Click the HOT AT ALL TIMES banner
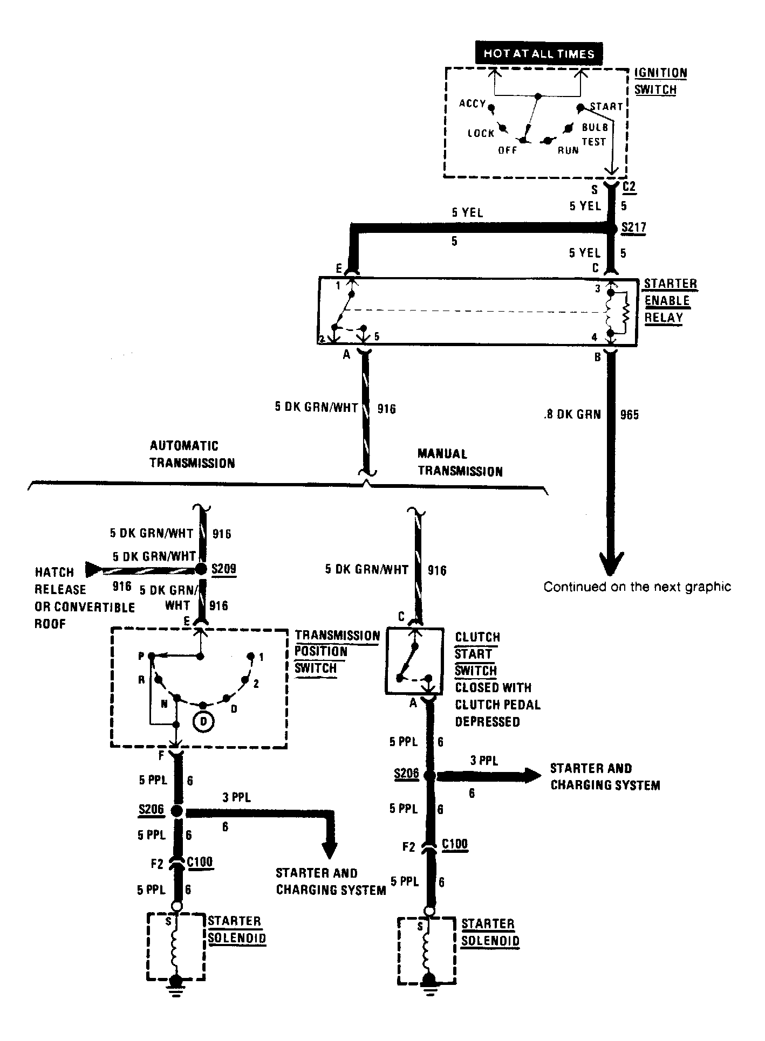[x=538, y=53]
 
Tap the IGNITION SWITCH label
[x=660, y=81]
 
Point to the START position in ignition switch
[x=606, y=106]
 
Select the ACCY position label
[x=473, y=103]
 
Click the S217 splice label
[x=633, y=227]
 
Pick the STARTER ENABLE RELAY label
[x=670, y=300]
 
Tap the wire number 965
[x=629, y=415]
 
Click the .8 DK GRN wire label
[x=572, y=414]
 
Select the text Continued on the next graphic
[x=637, y=587]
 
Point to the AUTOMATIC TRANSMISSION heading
[x=192, y=454]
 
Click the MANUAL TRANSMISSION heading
[x=460, y=463]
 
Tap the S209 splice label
[x=224, y=569]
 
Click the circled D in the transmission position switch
[x=204, y=722]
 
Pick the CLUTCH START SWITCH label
[x=477, y=654]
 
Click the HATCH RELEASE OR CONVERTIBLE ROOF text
[x=85, y=598]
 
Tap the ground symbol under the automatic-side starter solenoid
[x=175, y=983]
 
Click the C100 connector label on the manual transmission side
[x=455, y=844]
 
